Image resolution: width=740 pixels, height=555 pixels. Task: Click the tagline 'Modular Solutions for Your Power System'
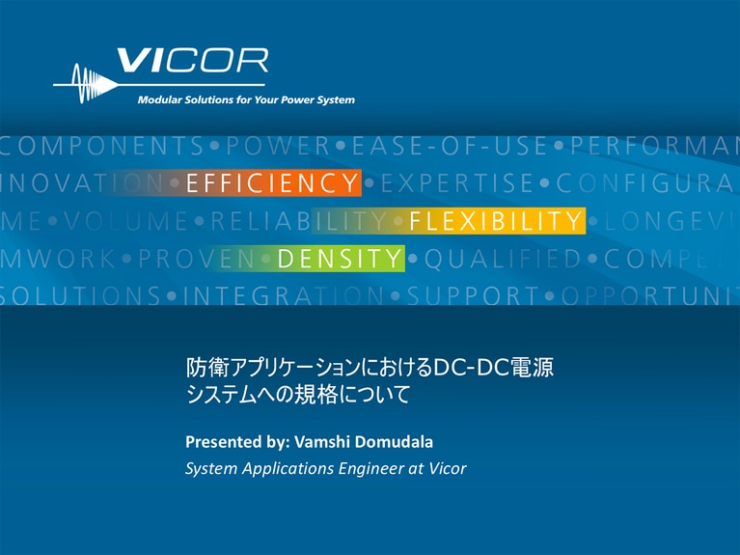tap(246, 99)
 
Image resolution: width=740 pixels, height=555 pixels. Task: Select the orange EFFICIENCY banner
tap(272, 182)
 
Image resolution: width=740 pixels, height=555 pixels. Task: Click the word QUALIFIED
tap(503, 258)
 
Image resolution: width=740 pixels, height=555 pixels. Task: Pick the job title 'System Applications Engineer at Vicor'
tap(325, 469)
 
